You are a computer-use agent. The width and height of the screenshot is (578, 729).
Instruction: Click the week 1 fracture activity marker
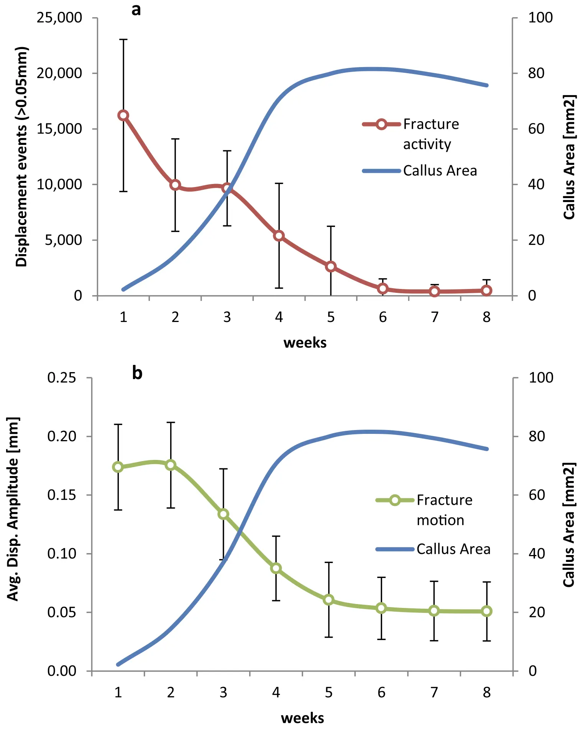[x=123, y=115]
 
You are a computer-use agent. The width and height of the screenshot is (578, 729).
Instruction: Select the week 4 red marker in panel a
[x=279, y=236]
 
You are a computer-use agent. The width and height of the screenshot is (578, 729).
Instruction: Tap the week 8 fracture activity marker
[x=486, y=291]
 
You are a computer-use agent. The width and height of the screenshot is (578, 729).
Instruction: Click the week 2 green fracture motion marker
[x=171, y=465]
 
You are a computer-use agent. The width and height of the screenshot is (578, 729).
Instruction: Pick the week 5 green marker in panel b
[x=328, y=600]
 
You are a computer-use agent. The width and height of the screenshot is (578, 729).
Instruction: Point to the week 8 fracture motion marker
[x=486, y=611]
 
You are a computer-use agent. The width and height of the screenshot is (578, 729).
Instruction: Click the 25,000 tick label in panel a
[x=59, y=18]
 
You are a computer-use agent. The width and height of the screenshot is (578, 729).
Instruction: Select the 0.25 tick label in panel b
[x=62, y=378]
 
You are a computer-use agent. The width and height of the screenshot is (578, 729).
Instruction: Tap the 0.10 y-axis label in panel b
[x=62, y=553]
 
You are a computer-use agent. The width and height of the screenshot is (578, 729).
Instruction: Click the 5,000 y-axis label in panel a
[x=63, y=240]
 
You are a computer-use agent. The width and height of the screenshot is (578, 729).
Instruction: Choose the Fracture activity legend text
[x=431, y=134]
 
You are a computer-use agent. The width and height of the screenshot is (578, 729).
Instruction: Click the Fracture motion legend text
[x=444, y=510]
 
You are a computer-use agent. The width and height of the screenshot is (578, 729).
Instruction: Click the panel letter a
[x=136, y=10]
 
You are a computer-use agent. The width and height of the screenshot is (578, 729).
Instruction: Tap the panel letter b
[x=137, y=373]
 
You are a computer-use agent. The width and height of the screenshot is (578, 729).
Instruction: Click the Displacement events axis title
[x=22, y=157]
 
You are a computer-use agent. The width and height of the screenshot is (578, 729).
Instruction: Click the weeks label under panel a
[x=305, y=343]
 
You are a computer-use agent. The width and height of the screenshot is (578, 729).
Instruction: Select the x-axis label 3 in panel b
[x=223, y=692]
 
